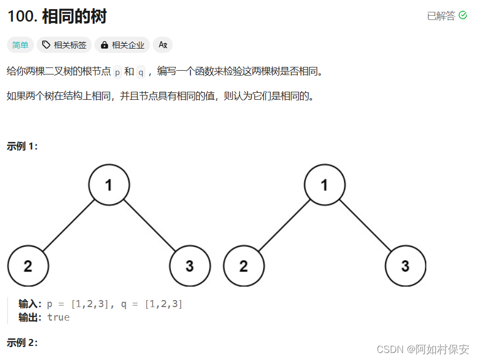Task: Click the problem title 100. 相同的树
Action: point(57,17)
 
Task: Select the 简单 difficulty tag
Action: point(21,45)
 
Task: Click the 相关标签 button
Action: point(64,45)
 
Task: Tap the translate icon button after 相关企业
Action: point(162,45)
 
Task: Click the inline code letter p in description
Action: point(118,72)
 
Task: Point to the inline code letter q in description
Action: point(141,72)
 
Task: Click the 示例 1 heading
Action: point(22,146)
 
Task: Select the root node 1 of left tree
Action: point(109,185)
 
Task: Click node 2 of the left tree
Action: point(28,266)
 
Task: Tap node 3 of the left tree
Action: point(189,266)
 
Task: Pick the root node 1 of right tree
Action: point(324,185)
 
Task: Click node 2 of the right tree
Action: point(243,266)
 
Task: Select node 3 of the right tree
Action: point(405,266)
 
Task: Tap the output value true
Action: point(58,317)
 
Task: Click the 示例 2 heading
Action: point(22,342)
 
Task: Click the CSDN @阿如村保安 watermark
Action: point(423,349)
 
